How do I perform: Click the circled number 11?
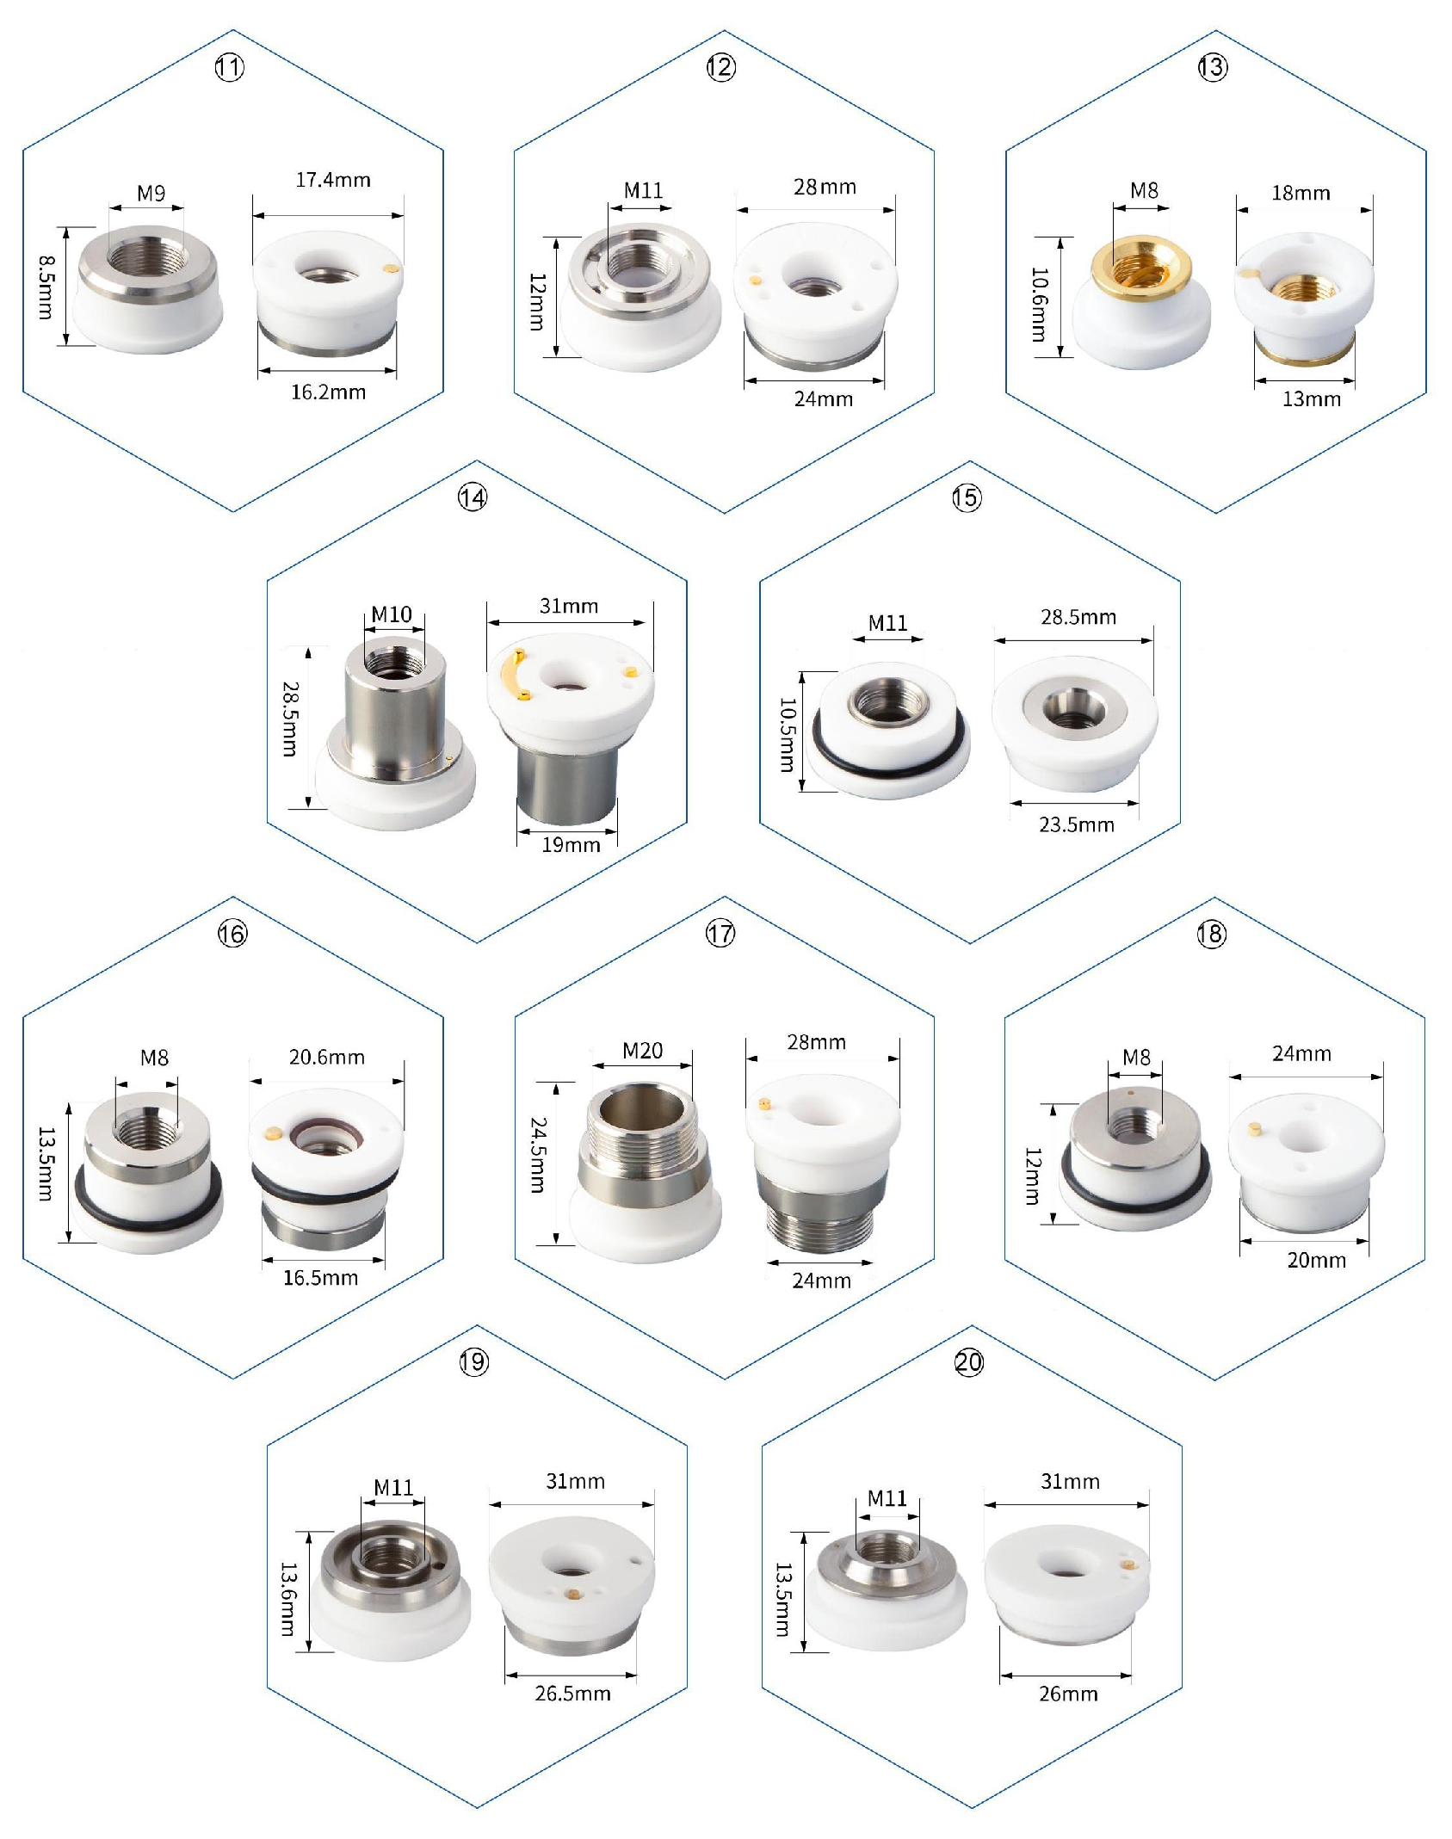click(x=229, y=67)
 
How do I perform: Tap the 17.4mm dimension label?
click(x=333, y=180)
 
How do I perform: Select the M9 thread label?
click(x=151, y=194)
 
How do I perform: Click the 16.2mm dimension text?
click(x=328, y=392)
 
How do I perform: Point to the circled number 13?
click(x=1213, y=67)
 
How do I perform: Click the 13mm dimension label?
click(x=1312, y=399)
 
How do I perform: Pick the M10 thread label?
click(x=392, y=614)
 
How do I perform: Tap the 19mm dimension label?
click(x=571, y=845)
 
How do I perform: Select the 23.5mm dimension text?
click(x=1077, y=825)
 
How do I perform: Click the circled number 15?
click(x=967, y=497)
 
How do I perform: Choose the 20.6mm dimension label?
click(x=327, y=1057)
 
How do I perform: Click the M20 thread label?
click(x=643, y=1051)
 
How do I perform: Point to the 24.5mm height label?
click(x=538, y=1155)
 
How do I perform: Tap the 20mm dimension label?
click(x=1317, y=1260)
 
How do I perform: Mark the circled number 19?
click(x=473, y=1361)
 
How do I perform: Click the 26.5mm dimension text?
click(x=573, y=1694)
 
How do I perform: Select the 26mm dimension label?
click(x=1068, y=1694)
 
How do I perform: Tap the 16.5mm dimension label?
click(x=321, y=1278)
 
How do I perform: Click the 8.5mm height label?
click(x=46, y=287)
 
